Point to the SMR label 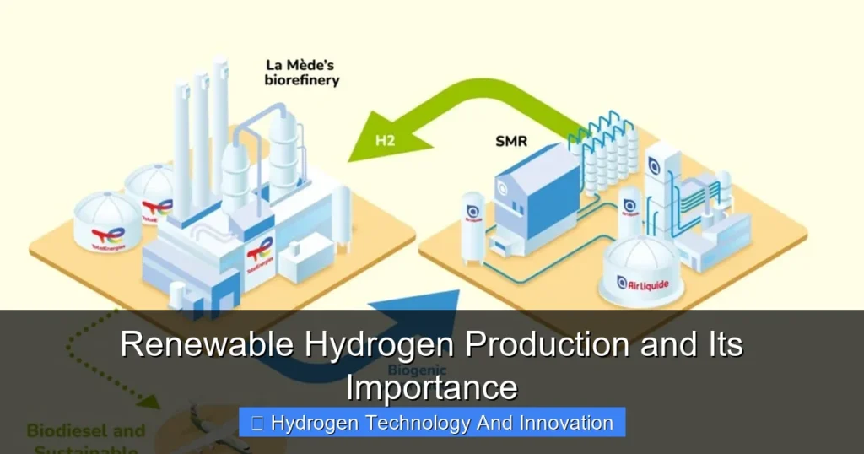(510, 141)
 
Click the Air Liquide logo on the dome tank (643, 284)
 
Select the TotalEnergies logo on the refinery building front (260, 251)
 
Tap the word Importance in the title (431, 387)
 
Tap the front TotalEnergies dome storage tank (107, 224)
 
